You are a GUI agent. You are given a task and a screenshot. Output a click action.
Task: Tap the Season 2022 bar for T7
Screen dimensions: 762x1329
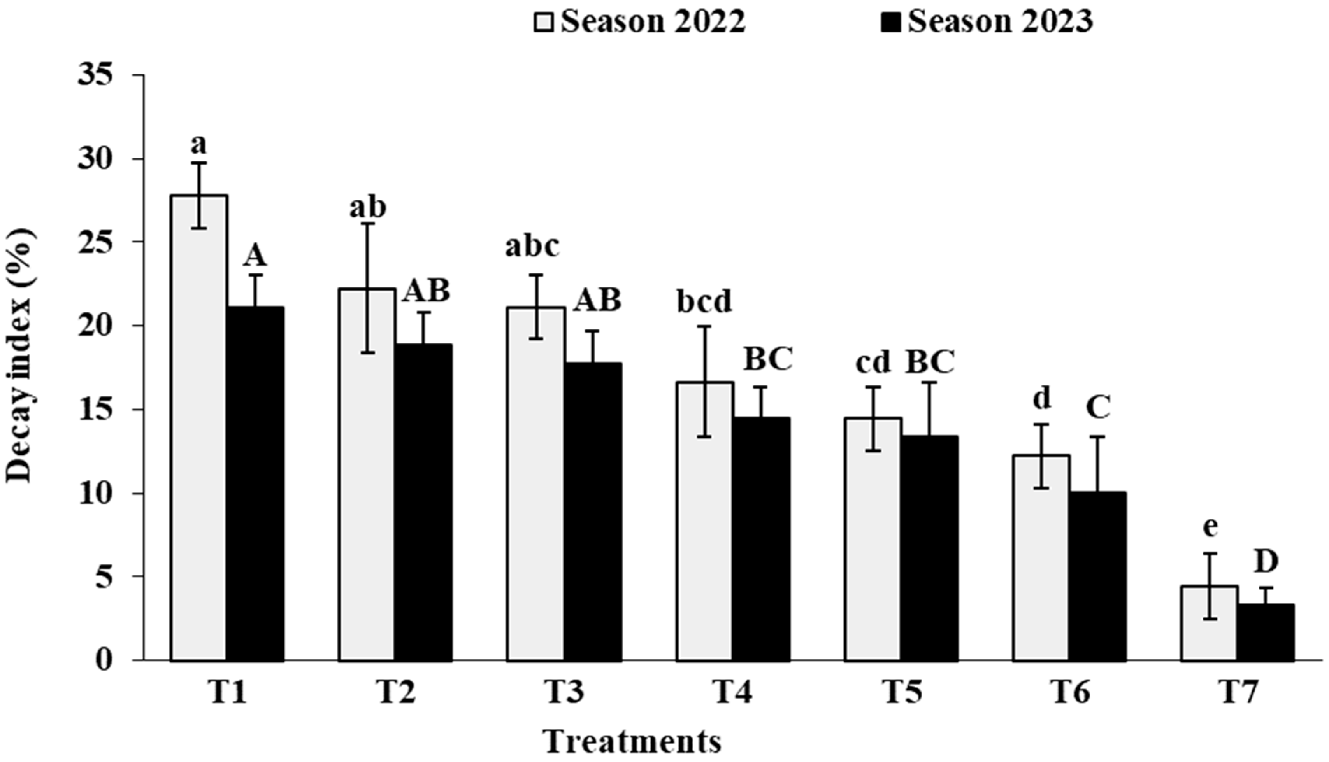[x=1210, y=623]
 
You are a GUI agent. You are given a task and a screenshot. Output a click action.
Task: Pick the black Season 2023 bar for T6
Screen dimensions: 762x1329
[x=1097, y=576]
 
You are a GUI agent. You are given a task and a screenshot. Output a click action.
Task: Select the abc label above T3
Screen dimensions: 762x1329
[x=532, y=246]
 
